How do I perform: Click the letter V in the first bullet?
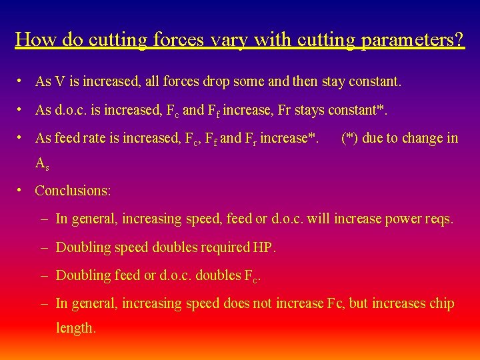coord(59,82)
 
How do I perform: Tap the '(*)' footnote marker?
coord(349,138)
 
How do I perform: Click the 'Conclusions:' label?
coord(73,191)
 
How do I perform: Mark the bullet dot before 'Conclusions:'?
coord(22,190)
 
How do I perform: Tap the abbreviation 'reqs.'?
coord(439,219)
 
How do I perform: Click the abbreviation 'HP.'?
coord(265,247)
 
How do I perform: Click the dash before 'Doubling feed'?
coord(43,275)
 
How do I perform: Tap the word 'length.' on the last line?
coord(76,328)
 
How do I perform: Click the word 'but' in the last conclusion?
coord(358,303)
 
